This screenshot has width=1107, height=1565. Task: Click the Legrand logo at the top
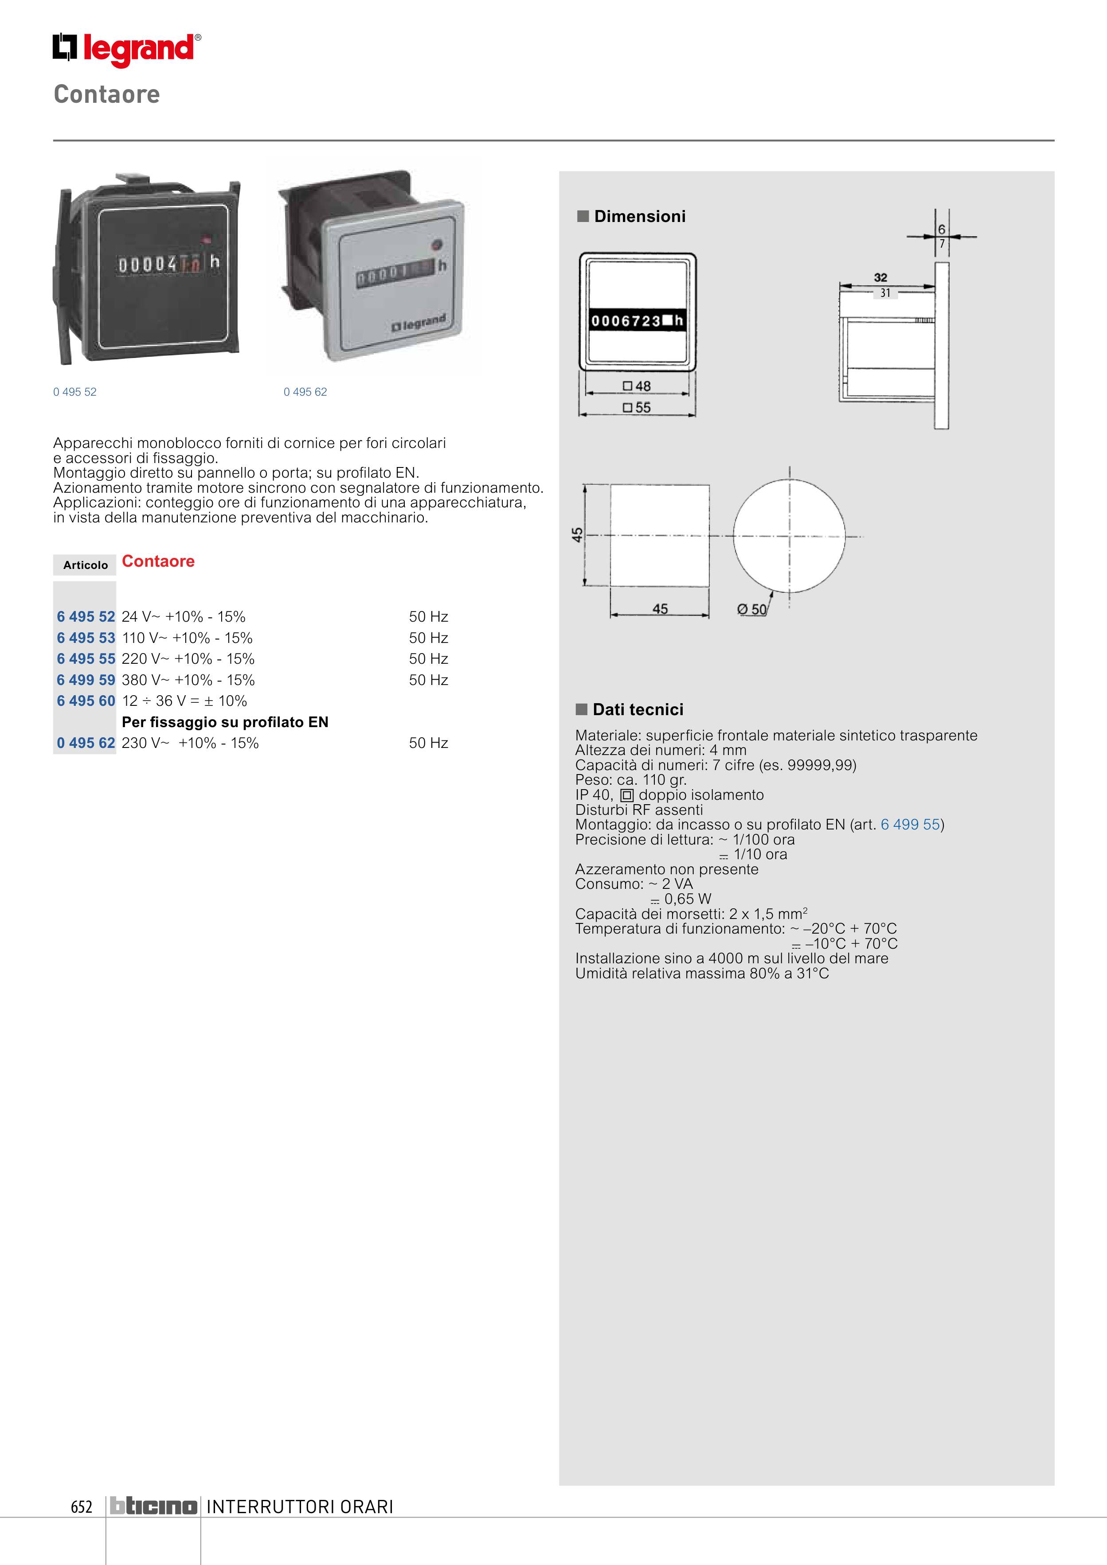[127, 49]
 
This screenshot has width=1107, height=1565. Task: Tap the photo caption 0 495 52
[75, 392]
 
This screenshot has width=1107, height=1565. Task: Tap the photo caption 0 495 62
[305, 392]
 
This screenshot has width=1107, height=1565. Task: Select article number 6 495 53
[86, 638]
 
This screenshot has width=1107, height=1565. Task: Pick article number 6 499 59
[86, 680]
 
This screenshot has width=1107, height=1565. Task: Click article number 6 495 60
[86, 701]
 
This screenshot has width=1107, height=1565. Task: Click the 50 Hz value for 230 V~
[428, 743]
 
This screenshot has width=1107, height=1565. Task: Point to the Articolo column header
[85, 565]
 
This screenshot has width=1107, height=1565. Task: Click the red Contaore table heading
[158, 562]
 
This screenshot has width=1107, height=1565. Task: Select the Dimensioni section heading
[639, 217]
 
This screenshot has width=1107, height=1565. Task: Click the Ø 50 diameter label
[752, 609]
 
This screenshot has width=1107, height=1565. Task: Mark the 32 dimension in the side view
[880, 277]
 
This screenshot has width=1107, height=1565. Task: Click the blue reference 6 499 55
[910, 825]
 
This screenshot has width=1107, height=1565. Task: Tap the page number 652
[81, 1507]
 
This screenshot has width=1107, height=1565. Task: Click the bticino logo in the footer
[153, 1507]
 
